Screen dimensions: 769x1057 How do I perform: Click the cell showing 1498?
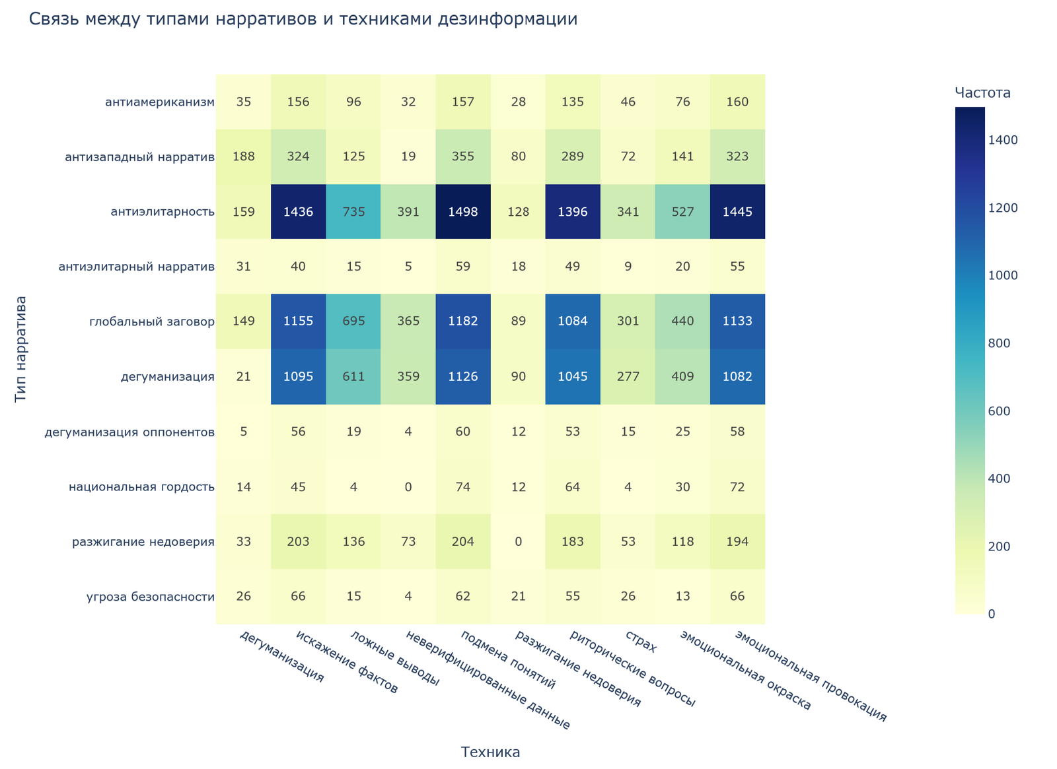tap(462, 212)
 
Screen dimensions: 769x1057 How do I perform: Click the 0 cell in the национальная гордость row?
tap(408, 487)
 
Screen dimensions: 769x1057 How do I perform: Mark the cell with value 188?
tap(243, 157)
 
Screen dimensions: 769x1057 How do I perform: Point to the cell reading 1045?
tap(573, 377)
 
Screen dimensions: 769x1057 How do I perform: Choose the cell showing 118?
tap(682, 542)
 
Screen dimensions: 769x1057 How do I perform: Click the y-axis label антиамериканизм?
tap(160, 102)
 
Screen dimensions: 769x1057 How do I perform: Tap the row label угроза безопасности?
tap(151, 597)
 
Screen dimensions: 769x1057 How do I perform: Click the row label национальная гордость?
tap(142, 487)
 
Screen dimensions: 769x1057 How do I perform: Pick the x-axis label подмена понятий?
tap(509, 660)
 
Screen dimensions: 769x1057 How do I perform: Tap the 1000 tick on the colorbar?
tap(1003, 276)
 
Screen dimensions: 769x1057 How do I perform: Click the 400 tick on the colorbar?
tap(1000, 479)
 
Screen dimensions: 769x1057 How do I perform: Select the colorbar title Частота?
tap(982, 92)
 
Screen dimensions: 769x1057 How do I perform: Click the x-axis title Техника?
tap(490, 752)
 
